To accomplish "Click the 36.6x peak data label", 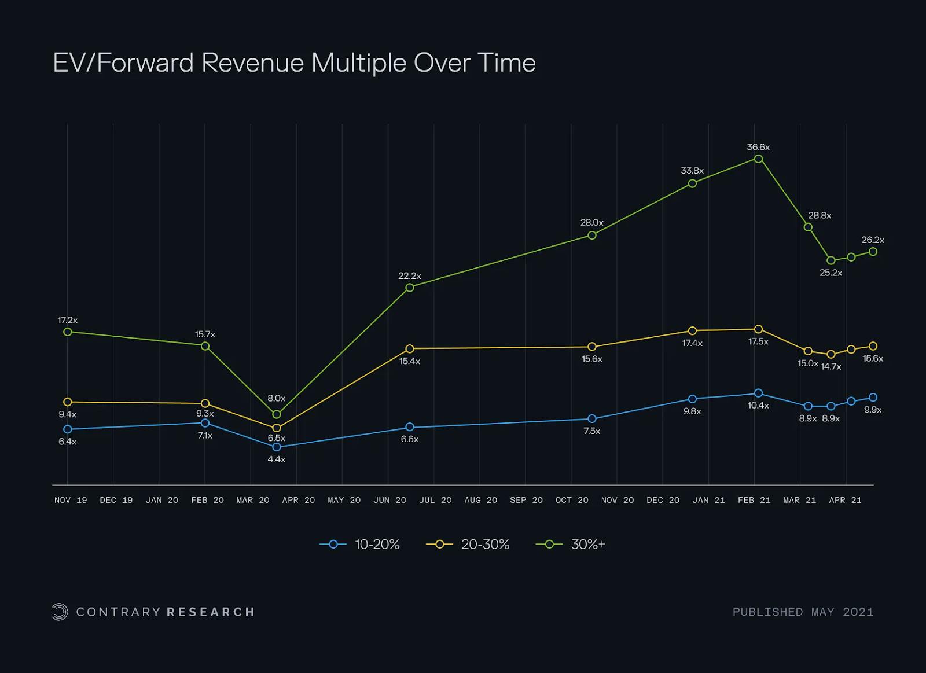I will [758, 148].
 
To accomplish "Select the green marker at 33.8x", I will [692, 183].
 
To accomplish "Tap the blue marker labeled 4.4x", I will [277, 447].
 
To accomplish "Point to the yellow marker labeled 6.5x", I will [277, 428].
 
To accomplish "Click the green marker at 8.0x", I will [277, 414].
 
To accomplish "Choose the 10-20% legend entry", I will [360, 545].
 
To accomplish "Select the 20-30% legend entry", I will [468, 545].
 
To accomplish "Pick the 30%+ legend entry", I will [571, 545].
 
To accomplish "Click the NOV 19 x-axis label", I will [71, 500].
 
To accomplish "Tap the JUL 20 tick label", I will [435, 500].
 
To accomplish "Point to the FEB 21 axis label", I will [754, 500].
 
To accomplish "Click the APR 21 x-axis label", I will [845, 500].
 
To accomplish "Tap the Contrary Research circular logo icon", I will [60, 612].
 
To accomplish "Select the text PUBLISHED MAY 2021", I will [803, 612].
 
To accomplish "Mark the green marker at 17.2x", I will [68, 332].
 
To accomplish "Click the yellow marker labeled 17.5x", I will [758, 329].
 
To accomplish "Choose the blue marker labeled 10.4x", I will [758, 393].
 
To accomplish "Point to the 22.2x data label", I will [410, 276].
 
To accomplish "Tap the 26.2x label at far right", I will [873, 240].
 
